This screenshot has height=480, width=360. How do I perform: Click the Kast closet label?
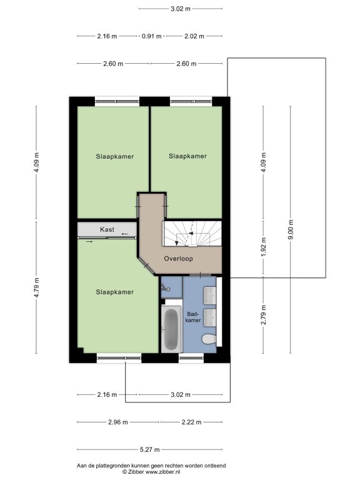[x=107, y=229]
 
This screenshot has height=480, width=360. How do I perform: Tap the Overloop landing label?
[x=179, y=259]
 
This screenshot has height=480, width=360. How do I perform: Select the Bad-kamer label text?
[x=193, y=317]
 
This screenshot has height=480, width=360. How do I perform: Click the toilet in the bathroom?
[x=209, y=339]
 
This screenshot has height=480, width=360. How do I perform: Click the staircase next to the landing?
[x=192, y=234]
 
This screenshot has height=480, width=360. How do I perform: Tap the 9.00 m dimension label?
[x=291, y=229]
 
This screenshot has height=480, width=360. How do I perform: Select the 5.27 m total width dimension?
[x=150, y=450]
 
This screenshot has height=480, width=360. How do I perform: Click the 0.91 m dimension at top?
[x=151, y=36]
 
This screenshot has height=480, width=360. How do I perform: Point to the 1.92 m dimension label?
[x=264, y=247]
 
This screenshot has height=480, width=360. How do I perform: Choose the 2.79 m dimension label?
[x=264, y=315]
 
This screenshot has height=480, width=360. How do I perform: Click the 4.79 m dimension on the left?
[x=36, y=287]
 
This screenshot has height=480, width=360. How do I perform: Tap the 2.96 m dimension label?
[x=118, y=422]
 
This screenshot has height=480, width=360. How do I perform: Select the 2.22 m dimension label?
[x=191, y=422]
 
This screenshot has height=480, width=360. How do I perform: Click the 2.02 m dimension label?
[x=194, y=36]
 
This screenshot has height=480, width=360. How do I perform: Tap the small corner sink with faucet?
[x=166, y=287]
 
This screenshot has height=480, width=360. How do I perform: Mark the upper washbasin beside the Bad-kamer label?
[x=210, y=296]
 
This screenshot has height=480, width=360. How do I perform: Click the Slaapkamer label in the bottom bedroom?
[x=115, y=292]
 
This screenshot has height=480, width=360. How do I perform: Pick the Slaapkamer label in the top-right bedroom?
[x=187, y=156]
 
